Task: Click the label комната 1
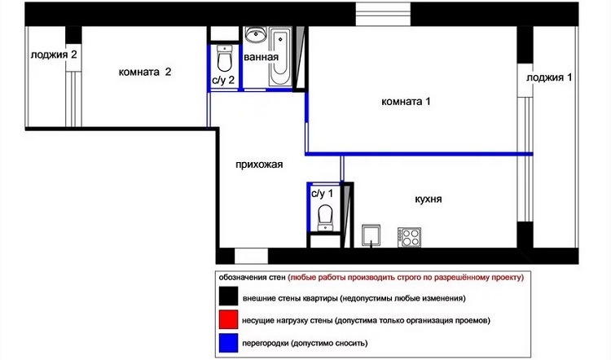(406, 102)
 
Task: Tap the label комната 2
(145, 72)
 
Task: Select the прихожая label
(259, 165)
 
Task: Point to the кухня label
(429, 200)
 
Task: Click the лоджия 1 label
(549, 77)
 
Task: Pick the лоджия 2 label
(54, 55)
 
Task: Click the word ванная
(261, 57)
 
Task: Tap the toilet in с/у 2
(224, 59)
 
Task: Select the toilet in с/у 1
(325, 217)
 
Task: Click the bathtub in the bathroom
(279, 56)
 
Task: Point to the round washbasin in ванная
(256, 35)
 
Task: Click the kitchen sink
(371, 235)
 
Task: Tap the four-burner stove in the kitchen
(409, 237)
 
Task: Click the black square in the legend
(228, 296)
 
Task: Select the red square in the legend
(228, 319)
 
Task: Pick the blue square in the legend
(228, 343)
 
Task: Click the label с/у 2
(223, 81)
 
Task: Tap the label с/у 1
(323, 194)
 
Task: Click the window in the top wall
(383, 15)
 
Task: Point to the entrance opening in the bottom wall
(252, 257)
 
